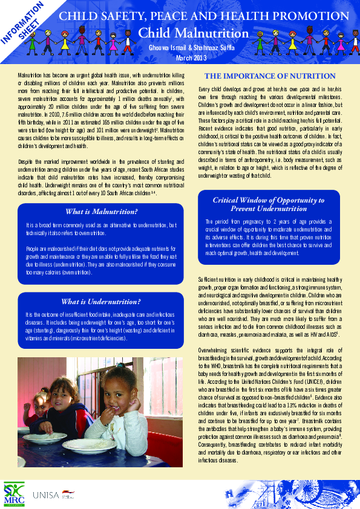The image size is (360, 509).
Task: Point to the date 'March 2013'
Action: tap(191, 58)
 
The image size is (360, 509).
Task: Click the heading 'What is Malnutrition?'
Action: tap(101, 212)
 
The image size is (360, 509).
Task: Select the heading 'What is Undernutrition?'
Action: tap(100, 301)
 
